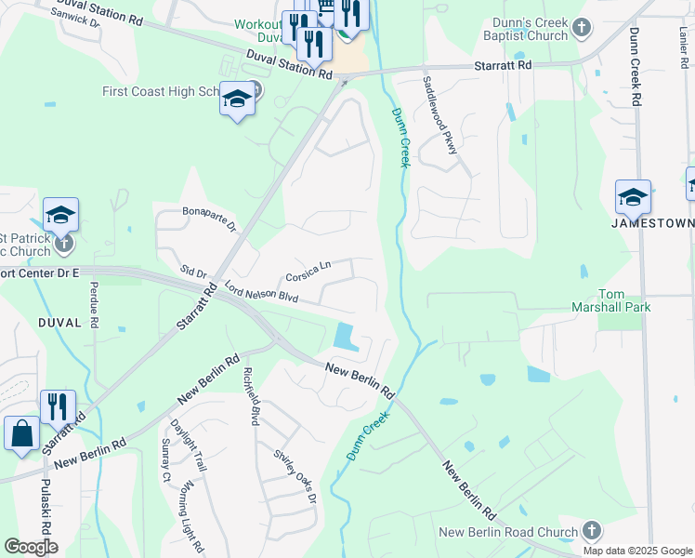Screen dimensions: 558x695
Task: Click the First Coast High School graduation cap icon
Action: [238, 100]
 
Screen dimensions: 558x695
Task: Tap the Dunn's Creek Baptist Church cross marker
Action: [582, 27]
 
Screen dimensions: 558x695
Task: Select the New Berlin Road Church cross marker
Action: [591, 531]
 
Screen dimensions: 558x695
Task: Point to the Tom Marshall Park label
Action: [610, 299]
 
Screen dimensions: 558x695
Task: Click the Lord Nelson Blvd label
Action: [260, 292]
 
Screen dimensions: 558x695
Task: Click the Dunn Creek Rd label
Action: [636, 65]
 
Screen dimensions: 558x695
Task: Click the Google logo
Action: [31, 546]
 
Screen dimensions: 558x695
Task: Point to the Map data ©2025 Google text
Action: [637, 551]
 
